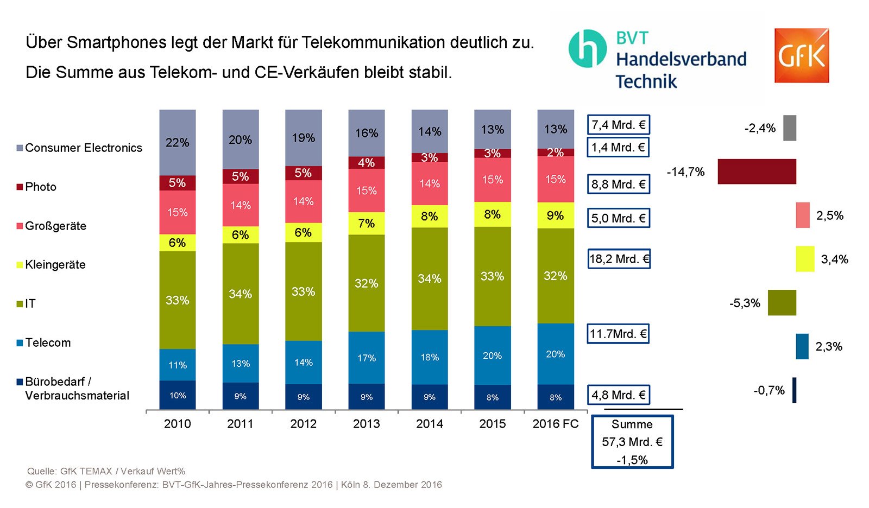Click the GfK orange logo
[x=801, y=55]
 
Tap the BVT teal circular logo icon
[x=587, y=49]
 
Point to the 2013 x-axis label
[x=366, y=424]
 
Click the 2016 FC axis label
[x=555, y=424]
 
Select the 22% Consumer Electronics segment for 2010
[x=178, y=142]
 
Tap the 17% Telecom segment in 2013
[x=367, y=358]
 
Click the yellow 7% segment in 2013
[x=367, y=223]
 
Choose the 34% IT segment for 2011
[x=241, y=294]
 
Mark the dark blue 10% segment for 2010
[x=178, y=395]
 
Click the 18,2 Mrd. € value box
[x=619, y=259]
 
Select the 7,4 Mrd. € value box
[x=618, y=125]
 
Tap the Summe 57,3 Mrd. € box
[x=632, y=442]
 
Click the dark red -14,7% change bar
[x=757, y=172]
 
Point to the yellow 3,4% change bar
[x=805, y=259]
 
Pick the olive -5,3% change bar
[x=782, y=303]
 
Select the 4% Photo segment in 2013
[x=367, y=162]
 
